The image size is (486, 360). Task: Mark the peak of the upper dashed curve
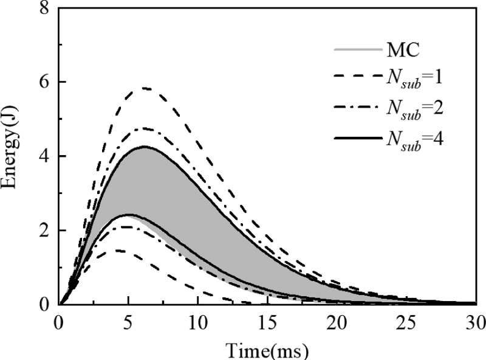coord(145,88)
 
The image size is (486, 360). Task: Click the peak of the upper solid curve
coord(145,147)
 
